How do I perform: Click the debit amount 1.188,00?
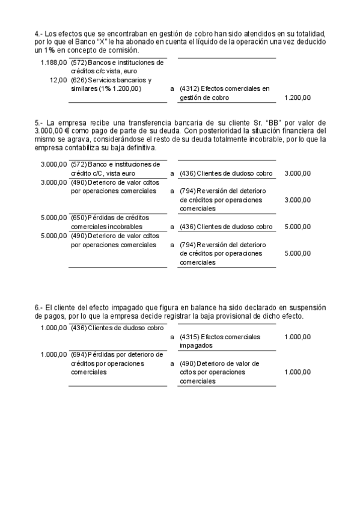(54, 62)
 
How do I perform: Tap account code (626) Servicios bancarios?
(77, 79)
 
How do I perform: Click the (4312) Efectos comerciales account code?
(189, 88)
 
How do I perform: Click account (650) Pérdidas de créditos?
(78, 217)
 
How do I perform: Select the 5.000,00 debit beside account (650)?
(54, 217)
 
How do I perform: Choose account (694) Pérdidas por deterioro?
(78, 354)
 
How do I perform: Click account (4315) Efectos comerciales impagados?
(189, 337)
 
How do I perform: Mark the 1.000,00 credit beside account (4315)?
(297, 337)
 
